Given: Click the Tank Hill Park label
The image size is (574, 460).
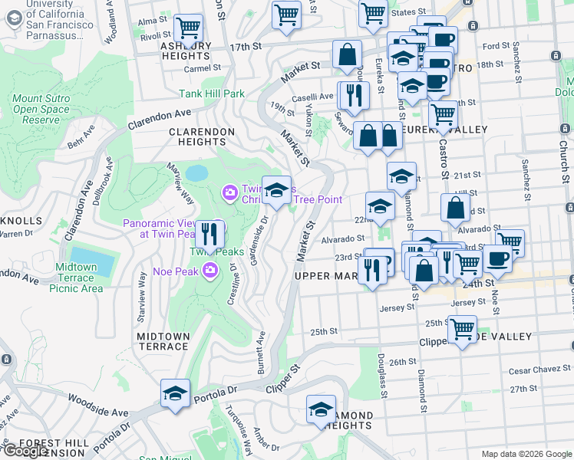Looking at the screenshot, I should point(211,94).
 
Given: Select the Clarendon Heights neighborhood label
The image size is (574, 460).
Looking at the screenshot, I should point(202,137).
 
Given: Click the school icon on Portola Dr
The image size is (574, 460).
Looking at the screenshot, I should point(175,394).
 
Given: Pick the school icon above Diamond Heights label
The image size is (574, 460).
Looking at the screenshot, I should point(321,409).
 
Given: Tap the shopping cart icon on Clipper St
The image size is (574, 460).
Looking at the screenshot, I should point(462,330).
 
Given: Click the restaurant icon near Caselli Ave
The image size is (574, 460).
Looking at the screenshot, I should point(354,95).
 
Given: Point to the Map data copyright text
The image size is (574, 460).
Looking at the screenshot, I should point(526,454).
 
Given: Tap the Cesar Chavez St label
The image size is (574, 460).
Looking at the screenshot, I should point(536,370).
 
